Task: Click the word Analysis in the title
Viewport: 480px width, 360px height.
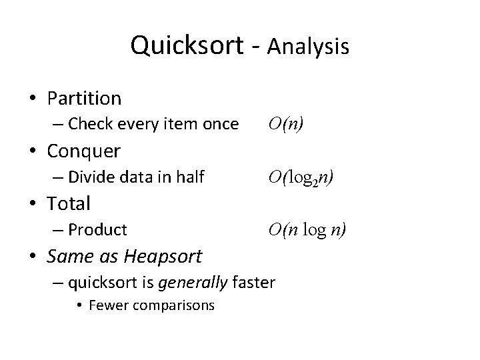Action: [307, 46]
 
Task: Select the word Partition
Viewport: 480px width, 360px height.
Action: [84, 99]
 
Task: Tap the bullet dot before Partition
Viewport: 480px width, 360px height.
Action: [33, 99]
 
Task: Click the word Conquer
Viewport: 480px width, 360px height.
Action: [83, 151]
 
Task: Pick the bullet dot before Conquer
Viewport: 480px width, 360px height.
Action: [33, 151]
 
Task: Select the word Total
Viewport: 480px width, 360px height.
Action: [69, 203]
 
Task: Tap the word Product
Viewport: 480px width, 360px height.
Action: [97, 230]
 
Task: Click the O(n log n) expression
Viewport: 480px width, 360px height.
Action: [307, 230]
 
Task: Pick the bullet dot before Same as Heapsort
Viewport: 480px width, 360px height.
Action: [33, 256]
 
